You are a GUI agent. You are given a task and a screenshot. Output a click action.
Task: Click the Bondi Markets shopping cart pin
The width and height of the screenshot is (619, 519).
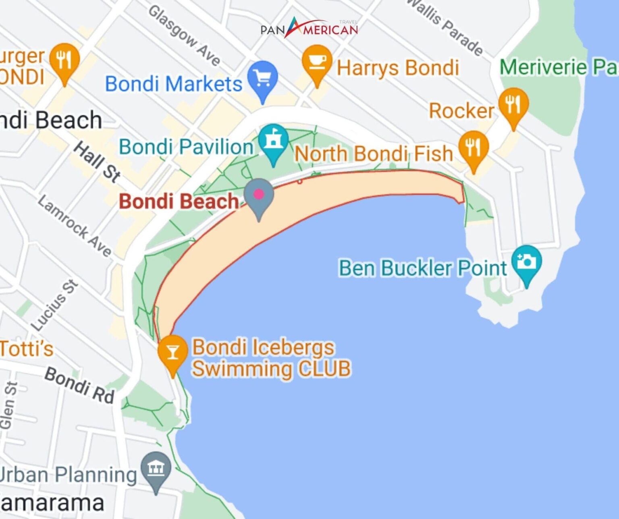click(263, 79)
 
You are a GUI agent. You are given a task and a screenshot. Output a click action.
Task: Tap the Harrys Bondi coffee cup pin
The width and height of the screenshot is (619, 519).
click(317, 62)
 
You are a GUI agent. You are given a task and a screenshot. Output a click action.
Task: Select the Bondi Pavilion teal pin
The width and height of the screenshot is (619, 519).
click(274, 142)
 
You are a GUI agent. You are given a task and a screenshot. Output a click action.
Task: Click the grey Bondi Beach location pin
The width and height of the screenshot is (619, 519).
click(259, 196)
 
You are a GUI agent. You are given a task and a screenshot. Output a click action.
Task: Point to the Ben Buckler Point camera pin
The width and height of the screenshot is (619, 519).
click(526, 263)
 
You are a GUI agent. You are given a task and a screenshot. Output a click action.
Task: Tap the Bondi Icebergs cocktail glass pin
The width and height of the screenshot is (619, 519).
click(172, 353)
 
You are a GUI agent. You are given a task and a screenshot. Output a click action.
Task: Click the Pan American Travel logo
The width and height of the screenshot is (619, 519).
click(309, 29)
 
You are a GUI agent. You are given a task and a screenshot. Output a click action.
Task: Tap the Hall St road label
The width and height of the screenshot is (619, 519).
click(97, 161)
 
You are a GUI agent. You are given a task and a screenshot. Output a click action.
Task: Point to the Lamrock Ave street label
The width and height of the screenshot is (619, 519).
click(75, 226)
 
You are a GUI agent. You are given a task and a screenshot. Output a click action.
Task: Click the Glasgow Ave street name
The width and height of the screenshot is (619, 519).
click(185, 35)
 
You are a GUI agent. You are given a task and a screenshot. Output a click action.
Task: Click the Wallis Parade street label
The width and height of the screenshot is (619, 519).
click(445, 26)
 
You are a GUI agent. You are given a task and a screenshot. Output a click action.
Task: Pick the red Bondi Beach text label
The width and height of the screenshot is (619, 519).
click(179, 201)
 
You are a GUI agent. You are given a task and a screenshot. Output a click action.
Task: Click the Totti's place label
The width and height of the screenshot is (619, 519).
click(27, 348)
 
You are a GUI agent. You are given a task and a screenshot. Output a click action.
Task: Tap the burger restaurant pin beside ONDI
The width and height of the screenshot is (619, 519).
click(64, 61)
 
